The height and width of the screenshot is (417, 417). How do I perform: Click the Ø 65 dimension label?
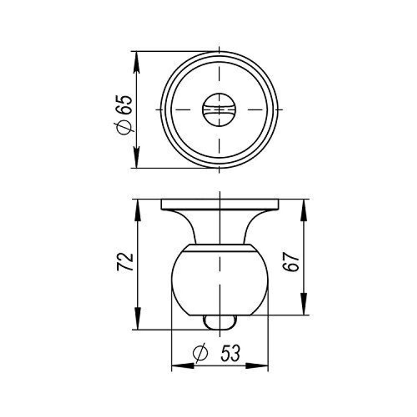point(124,113)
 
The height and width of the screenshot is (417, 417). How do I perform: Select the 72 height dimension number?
point(126,261)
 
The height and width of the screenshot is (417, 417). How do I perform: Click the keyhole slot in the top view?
point(219,110)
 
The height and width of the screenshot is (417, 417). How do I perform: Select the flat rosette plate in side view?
point(220,204)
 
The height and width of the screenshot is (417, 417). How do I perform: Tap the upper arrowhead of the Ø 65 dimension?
point(136,61)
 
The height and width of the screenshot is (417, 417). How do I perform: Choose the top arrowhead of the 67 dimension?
point(304,209)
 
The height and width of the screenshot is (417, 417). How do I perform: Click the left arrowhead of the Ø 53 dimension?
point(182,366)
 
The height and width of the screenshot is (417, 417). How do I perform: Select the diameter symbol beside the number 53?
point(200,353)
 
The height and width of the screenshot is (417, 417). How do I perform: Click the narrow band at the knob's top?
point(220,248)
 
